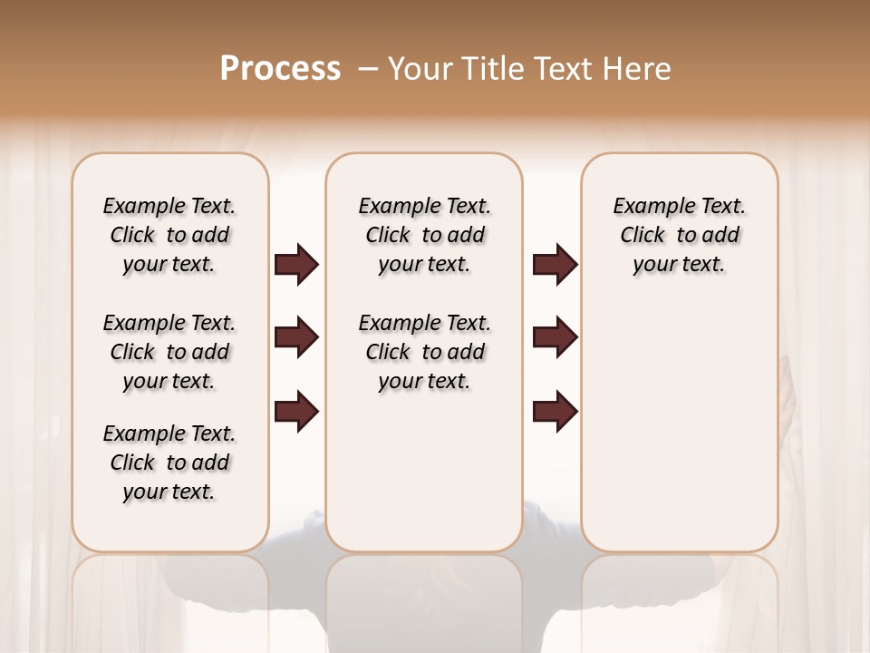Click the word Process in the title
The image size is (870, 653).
point(280,68)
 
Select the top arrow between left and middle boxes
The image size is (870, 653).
point(296,265)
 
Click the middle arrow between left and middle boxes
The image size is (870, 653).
point(296,338)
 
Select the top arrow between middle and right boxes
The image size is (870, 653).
point(555,265)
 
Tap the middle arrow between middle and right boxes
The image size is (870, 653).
point(555,338)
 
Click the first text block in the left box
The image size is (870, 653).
point(169,235)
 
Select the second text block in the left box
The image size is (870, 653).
point(169,352)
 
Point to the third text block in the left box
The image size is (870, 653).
point(169,463)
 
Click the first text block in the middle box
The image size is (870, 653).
point(424,235)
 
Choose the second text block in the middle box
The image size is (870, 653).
point(424,352)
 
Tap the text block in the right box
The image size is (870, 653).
point(679,235)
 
